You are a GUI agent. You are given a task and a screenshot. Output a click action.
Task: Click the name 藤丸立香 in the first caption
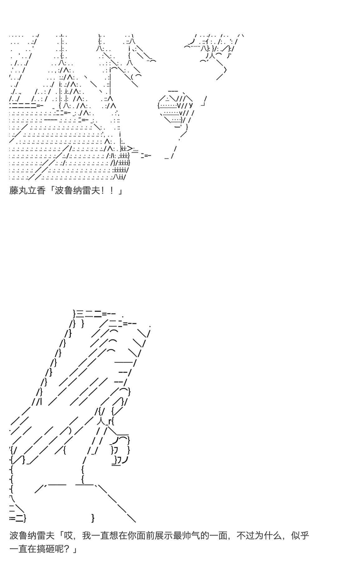point(27,190)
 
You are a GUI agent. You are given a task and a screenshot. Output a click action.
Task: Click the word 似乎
point(300,535)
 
